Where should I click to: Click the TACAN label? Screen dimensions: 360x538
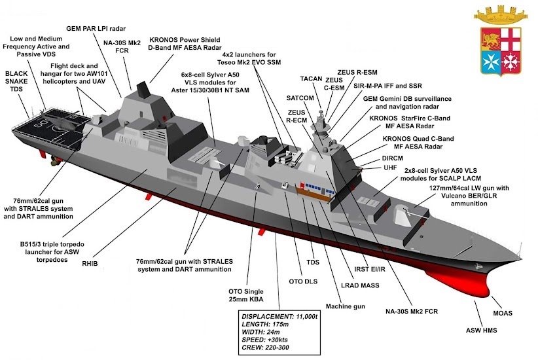coord(311,79)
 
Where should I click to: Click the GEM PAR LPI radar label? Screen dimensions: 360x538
coord(96,29)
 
